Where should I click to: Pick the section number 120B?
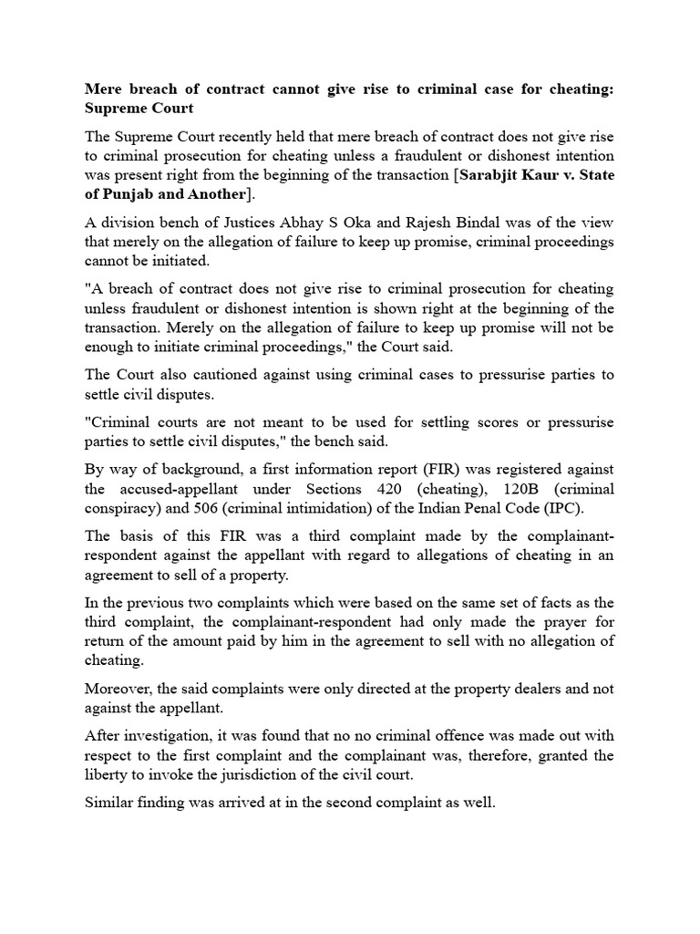524,489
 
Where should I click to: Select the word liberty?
108,774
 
